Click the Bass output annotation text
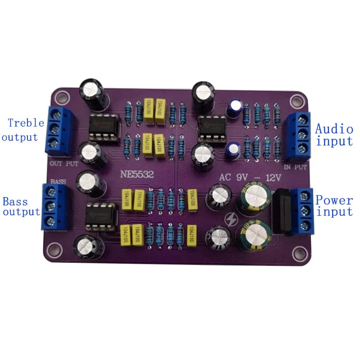pos(21,207)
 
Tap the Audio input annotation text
pos(334,135)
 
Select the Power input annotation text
pos(334,206)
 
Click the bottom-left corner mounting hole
pos(56,247)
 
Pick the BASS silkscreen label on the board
pos(58,181)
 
